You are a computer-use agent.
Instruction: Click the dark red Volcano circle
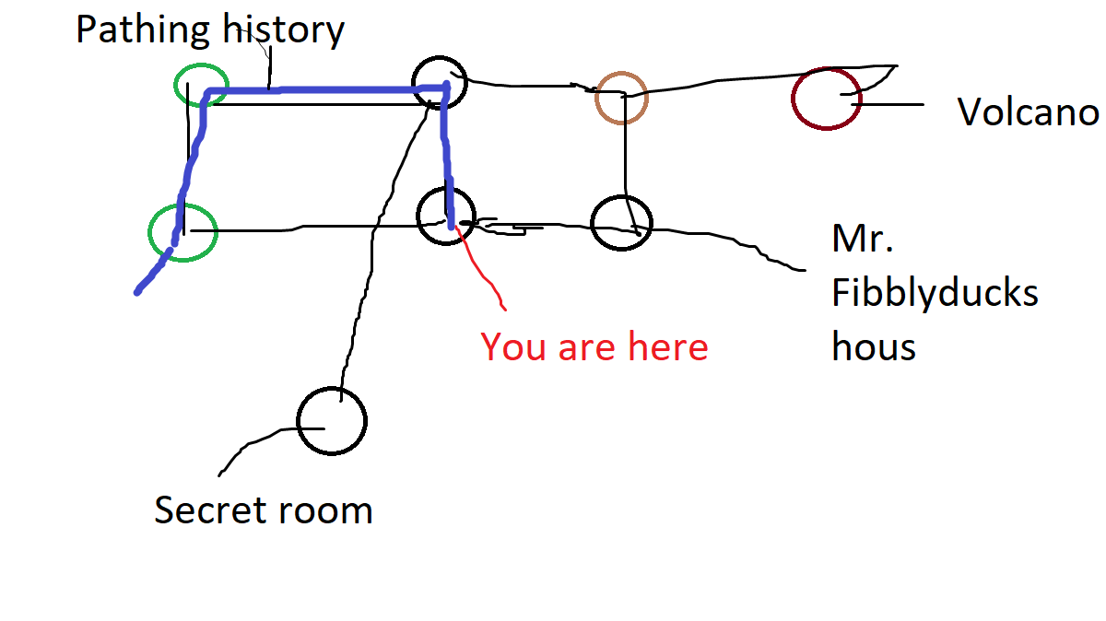pos(827,98)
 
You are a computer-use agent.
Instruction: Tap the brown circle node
pos(621,97)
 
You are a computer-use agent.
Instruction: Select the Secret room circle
pos(332,421)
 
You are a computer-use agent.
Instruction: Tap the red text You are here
pos(594,347)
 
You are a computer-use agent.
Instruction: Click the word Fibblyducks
pos(935,294)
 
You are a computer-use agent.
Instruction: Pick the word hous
pos(874,347)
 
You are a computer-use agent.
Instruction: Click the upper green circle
pos(201,85)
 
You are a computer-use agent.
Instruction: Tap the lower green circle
pos(182,232)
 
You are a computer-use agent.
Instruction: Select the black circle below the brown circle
pos(621,222)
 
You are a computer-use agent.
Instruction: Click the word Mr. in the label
pos(862,240)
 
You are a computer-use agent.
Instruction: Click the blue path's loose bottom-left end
pos(138,291)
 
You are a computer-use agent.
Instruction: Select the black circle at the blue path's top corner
pos(439,81)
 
